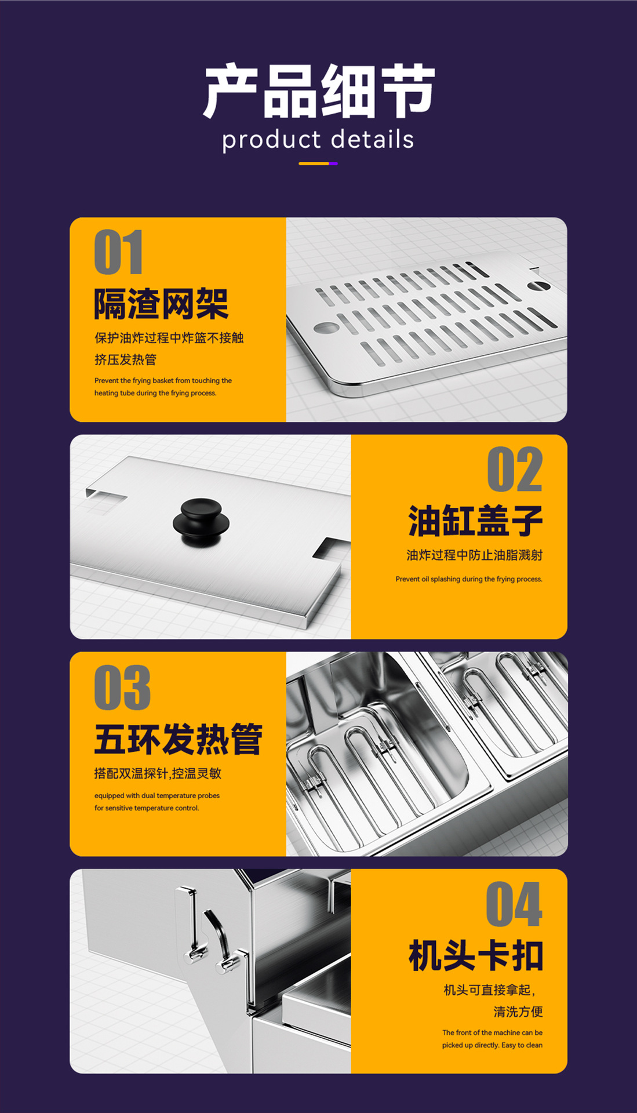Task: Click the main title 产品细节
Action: click(319, 91)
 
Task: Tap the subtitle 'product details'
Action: click(318, 140)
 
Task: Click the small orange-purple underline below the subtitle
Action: click(318, 163)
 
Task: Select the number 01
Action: click(119, 252)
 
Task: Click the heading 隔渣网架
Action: click(161, 304)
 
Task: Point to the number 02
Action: click(515, 469)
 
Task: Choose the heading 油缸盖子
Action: click(475, 521)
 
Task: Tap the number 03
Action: click(122, 688)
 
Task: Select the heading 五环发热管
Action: click(178, 739)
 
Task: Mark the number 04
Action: click(514, 904)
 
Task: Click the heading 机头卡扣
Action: click(475, 956)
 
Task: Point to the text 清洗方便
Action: click(518, 1012)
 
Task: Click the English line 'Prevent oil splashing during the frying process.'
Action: click(469, 579)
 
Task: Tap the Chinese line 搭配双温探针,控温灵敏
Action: click(158, 773)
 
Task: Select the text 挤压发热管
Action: click(126, 359)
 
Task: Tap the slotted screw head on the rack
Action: click(538, 285)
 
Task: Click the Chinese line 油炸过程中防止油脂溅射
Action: click(475, 555)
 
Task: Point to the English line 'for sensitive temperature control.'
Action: click(147, 808)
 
